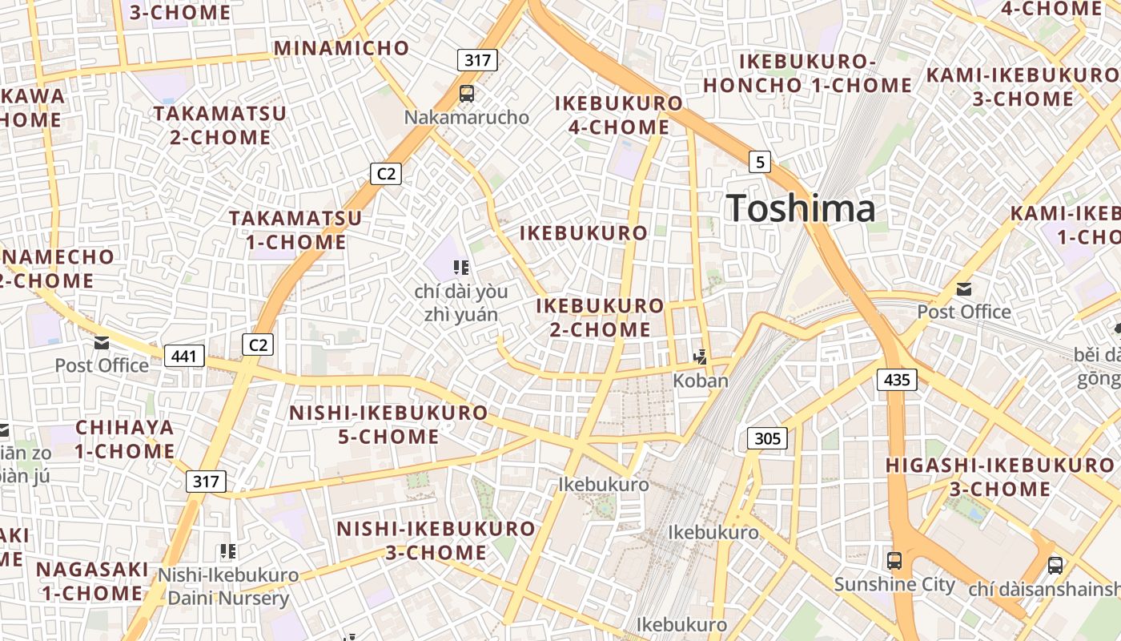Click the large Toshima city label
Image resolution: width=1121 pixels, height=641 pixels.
point(801,209)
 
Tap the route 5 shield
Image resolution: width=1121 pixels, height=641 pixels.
point(760,163)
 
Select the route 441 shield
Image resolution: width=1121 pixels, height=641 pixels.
point(184,356)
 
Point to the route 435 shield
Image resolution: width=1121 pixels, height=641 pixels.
point(897,379)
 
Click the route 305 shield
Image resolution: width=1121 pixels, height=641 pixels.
point(767,438)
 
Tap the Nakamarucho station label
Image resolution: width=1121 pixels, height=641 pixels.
point(466,118)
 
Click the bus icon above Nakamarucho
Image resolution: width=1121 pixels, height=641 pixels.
point(466,94)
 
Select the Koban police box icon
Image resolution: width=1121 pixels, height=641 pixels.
point(701,357)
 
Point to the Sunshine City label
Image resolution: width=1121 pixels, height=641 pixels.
point(894,584)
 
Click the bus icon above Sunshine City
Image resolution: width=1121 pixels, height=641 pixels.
point(894,561)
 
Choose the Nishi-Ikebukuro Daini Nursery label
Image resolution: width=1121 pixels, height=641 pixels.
point(228,587)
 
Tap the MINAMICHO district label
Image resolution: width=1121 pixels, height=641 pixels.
point(342,48)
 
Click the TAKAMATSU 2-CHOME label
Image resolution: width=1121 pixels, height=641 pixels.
point(220,125)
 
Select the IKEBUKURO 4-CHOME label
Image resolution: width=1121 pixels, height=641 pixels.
point(619,115)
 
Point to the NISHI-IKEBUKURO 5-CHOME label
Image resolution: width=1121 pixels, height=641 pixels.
point(388,425)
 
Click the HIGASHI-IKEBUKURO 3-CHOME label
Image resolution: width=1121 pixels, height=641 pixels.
point(999,477)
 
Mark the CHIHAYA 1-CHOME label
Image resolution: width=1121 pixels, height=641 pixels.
point(125,439)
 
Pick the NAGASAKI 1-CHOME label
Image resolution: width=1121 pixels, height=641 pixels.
point(92,581)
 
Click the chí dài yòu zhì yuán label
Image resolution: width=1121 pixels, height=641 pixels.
point(460,303)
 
